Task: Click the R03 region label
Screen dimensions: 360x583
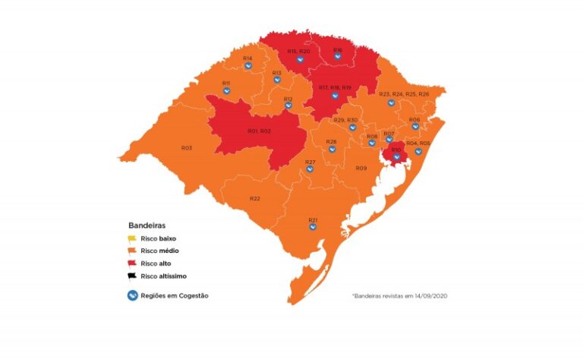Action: [x=186, y=147]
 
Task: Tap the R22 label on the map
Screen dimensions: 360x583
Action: [x=255, y=198]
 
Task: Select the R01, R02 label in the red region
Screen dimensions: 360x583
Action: [x=259, y=131]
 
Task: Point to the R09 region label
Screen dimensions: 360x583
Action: [x=361, y=168]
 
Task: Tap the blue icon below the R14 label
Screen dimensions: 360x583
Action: [x=247, y=66]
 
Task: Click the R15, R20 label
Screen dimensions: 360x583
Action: [x=298, y=51]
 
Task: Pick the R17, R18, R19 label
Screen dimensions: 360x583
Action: [x=335, y=88]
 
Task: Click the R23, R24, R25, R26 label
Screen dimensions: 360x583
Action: [x=403, y=93]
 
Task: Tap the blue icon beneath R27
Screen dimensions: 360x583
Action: [x=310, y=169]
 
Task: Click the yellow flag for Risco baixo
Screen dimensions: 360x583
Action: [x=132, y=238]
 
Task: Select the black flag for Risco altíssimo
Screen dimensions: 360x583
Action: [x=132, y=276]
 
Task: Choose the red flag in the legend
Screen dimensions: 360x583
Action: [x=132, y=264]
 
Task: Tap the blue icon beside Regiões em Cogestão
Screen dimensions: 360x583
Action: [x=132, y=295]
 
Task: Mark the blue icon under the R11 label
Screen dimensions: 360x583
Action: [x=226, y=91]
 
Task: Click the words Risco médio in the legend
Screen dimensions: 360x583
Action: [x=160, y=251]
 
